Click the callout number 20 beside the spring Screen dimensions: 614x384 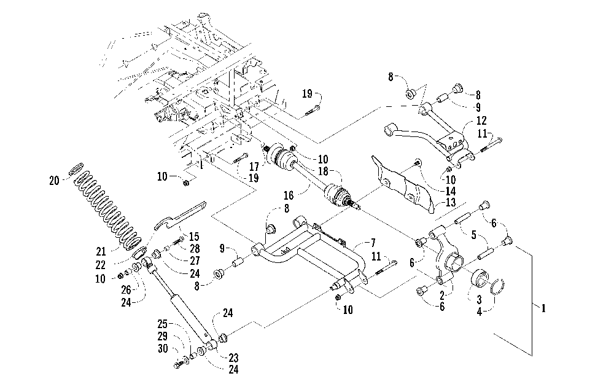55,181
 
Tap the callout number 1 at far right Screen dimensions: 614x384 543,308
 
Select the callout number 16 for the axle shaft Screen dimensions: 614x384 289,195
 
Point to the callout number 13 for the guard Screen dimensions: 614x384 451,203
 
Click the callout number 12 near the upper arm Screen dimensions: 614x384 481,120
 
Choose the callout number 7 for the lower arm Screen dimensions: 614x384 373,243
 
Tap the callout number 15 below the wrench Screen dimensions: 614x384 194,237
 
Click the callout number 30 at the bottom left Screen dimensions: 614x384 163,348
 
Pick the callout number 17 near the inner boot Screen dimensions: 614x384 254,167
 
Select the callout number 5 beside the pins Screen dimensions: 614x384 474,235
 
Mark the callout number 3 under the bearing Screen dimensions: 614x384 479,300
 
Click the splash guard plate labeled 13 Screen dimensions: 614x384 403,184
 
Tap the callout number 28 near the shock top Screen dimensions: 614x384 195,248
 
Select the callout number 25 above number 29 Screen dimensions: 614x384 163,324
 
